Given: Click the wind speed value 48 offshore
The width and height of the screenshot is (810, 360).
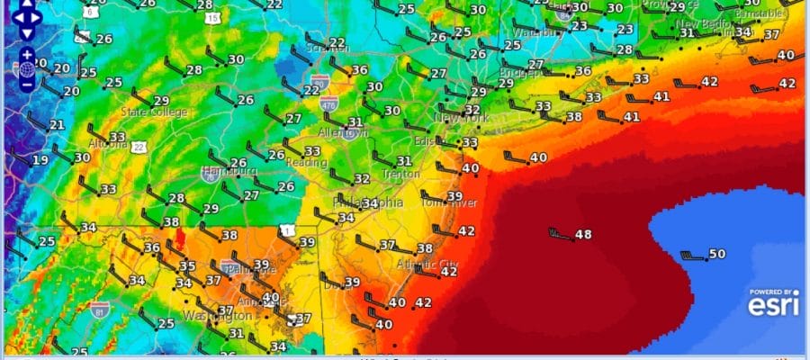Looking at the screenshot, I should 583,235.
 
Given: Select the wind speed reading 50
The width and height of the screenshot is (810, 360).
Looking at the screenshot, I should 717,255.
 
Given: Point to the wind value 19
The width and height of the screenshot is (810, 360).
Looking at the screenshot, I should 40,161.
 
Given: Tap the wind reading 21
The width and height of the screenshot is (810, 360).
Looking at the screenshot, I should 57,125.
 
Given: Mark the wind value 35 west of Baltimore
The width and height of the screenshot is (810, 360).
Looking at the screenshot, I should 187,266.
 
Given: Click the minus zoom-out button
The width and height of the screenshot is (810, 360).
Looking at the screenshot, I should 27,84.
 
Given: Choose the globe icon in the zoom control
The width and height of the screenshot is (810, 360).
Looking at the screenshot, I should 27,69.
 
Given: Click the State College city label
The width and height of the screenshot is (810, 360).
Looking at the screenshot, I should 155,112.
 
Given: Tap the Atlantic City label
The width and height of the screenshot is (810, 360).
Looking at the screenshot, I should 427,264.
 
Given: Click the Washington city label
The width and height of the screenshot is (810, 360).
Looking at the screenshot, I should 218,317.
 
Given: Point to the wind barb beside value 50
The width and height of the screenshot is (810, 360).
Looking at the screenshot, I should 692,256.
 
